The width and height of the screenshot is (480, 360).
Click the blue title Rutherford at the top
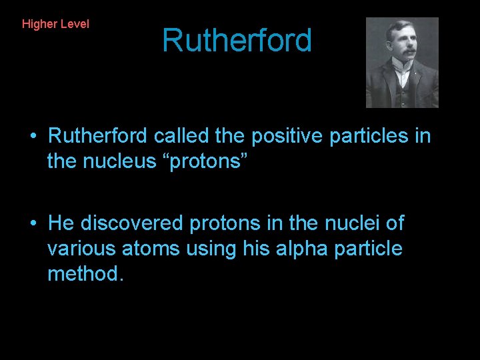[x=237, y=40]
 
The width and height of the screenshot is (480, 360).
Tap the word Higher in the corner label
[x=39, y=24]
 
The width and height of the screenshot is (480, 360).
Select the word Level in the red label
[x=74, y=24]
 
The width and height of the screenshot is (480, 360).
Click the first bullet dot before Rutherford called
[x=33, y=136]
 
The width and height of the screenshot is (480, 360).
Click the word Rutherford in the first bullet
[x=98, y=136]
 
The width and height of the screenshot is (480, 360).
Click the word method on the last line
[x=83, y=273]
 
